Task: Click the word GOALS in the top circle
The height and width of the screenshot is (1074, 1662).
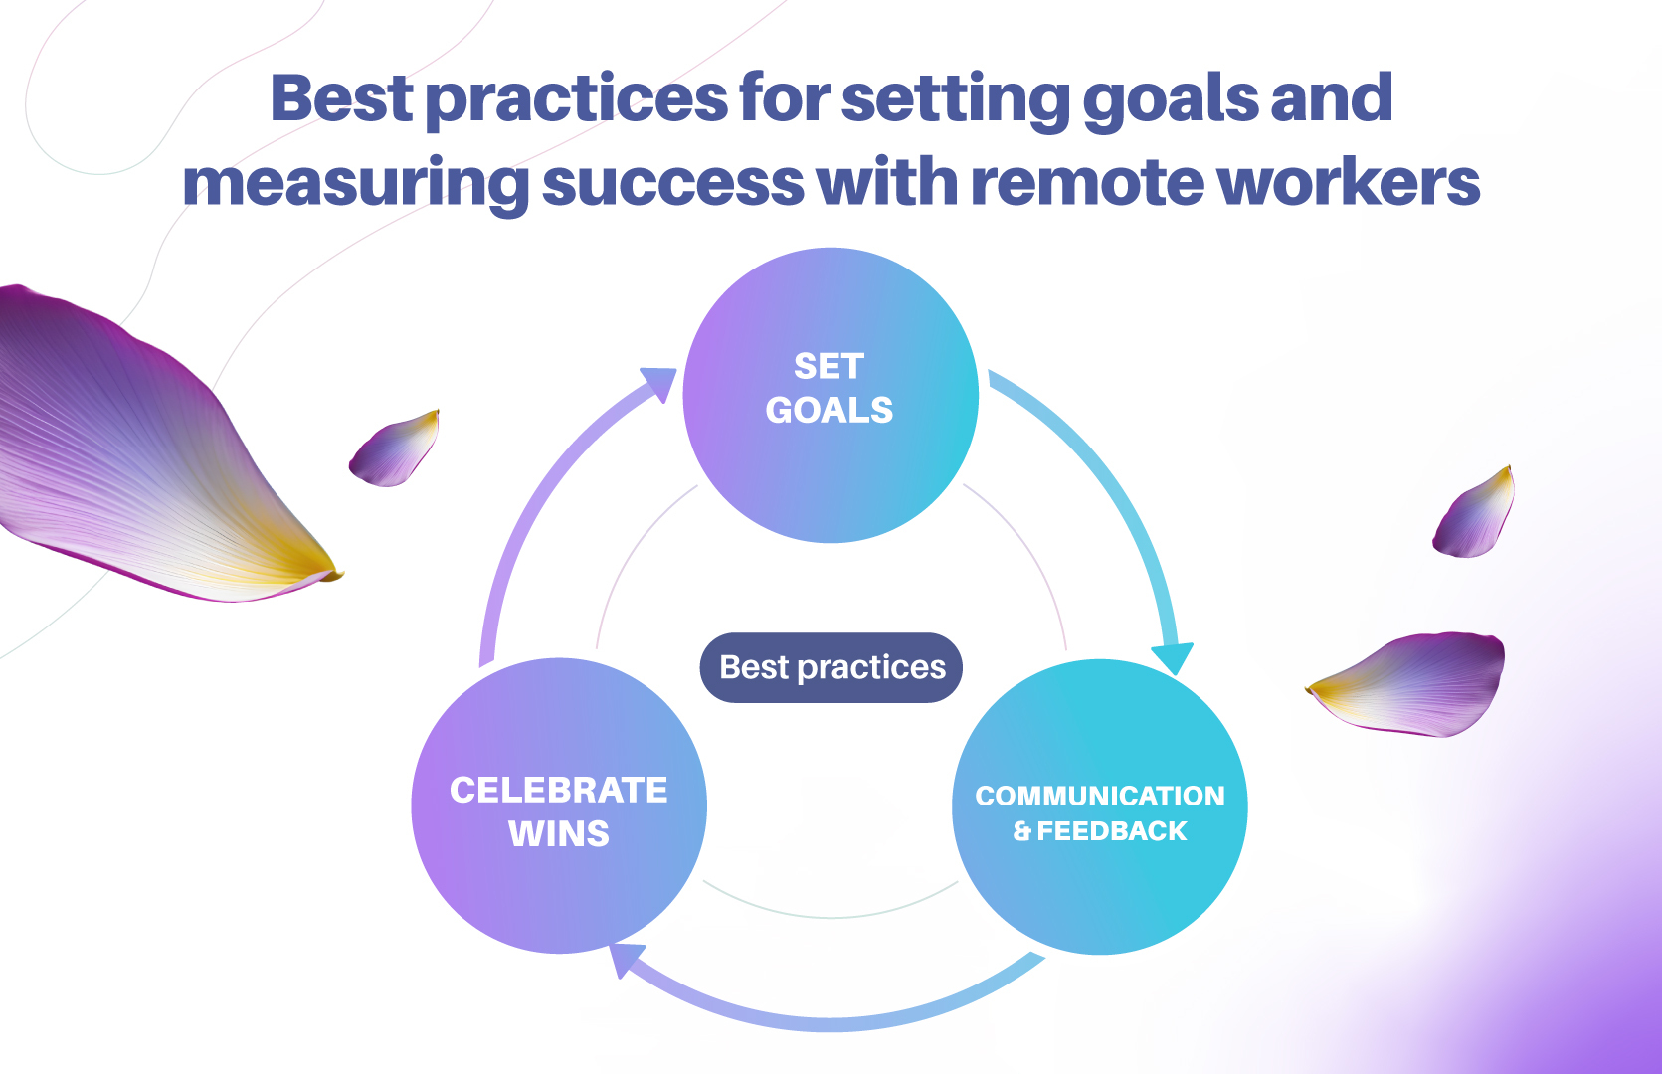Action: point(829,410)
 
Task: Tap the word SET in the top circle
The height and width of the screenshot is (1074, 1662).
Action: point(829,366)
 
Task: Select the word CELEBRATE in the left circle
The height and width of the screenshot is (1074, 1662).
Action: point(558,790)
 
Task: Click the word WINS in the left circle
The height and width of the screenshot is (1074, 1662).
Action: point(558,833)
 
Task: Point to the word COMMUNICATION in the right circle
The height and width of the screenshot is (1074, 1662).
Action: point(1099,796)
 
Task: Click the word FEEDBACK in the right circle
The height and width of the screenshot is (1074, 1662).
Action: point(1111,831)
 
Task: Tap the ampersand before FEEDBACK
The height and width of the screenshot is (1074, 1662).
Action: point(1022,831)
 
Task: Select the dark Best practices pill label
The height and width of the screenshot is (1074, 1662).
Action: point(831,667)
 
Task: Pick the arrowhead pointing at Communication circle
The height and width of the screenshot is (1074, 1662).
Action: point(1174,659)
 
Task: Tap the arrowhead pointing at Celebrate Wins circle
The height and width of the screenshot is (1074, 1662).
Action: point(625,959)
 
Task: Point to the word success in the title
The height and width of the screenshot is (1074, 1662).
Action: point(672,183)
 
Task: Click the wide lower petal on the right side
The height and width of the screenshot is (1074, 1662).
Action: point(1412,684)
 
